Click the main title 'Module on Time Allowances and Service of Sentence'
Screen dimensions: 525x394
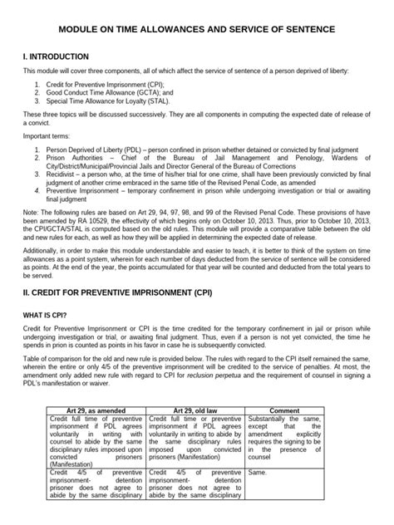click(x=197, y=29)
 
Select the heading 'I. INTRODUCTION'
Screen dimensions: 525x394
click(x=56, y=56)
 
